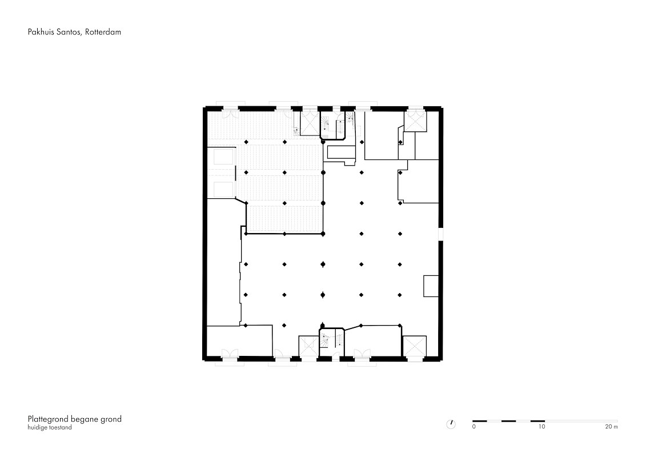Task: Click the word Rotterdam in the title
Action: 103,32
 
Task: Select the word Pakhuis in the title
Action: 41,32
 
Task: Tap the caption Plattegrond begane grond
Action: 75,419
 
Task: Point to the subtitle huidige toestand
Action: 50,428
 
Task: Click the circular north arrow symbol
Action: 451,424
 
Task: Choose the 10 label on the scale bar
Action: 541,427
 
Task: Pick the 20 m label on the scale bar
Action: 611,427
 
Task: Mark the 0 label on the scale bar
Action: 474,427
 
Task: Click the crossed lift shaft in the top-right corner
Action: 415,122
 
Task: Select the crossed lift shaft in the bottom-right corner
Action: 415,346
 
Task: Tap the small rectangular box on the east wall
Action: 431,286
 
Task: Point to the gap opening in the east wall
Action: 441,234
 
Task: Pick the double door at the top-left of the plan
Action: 230,113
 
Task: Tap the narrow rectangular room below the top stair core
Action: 341,151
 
